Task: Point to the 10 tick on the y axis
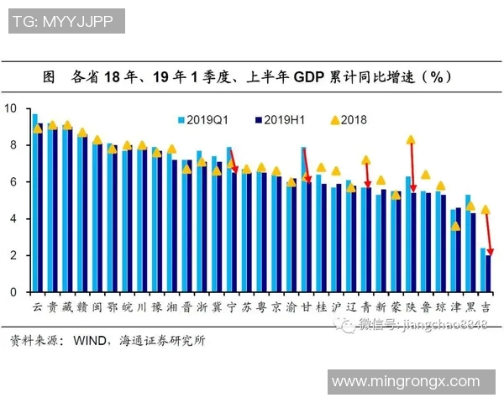[10, 108]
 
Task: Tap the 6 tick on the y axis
[12, 182]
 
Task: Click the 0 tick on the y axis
[12, 292]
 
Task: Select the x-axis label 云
[37, 308]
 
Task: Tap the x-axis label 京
[276, 308]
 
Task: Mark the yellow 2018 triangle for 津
[455, 226]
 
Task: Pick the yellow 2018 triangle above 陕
[410, 140]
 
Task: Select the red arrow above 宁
[234, 164]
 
